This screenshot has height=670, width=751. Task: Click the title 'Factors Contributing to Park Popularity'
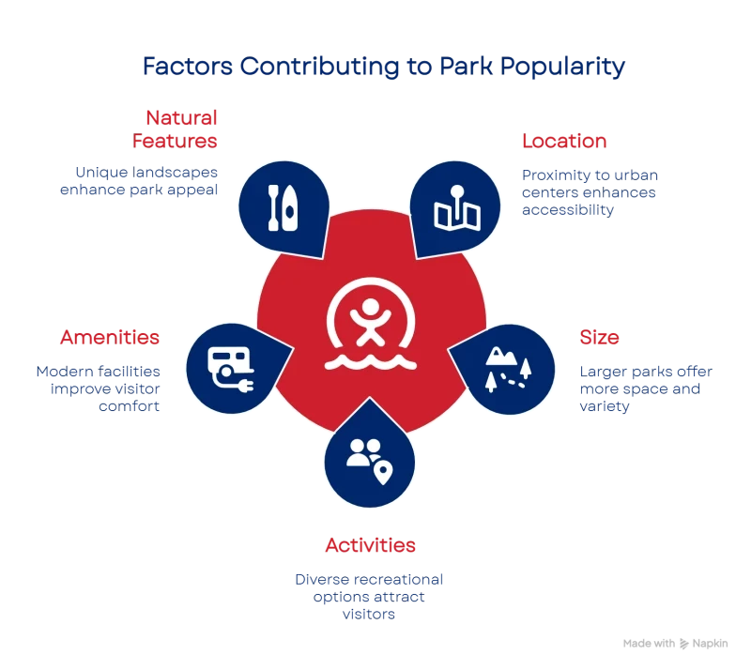click(x=382, y=68)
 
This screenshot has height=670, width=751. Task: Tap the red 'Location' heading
click(x=563, y=142)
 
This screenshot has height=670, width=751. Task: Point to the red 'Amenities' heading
click(x=110, y=338)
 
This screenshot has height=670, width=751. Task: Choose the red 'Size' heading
click(x=599, y=338)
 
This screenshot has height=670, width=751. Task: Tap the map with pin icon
click(x=457, y=208)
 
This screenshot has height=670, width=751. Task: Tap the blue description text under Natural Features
click(x=147, y=180)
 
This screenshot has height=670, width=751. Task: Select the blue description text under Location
click(x=590, y=192)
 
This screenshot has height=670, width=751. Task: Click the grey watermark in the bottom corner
click(x=676, y=646)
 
